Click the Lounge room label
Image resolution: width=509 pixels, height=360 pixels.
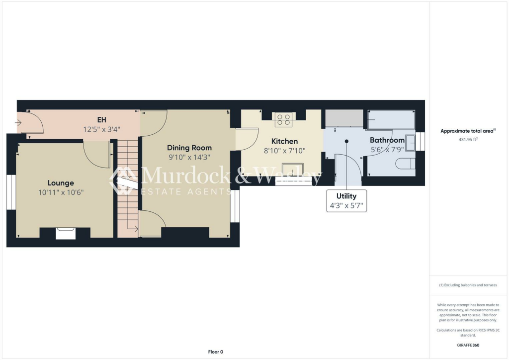pos(61,183)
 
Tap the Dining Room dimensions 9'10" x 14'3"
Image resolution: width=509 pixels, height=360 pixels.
pos(189,157)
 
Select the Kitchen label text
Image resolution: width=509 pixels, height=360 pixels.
pos(284,141)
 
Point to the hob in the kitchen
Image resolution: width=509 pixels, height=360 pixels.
pos(284,119)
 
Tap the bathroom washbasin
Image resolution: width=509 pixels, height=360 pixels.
pos(410,143)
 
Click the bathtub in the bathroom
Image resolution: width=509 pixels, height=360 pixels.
pos(390,119)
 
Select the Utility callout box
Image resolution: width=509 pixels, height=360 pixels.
pos(346,201)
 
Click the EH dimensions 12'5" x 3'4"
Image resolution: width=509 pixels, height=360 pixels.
pos(101,129)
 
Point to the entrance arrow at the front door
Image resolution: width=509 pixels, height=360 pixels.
pos(19,121)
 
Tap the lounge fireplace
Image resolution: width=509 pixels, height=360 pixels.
pos(65,233)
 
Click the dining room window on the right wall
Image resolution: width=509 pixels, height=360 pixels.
pos(236,206)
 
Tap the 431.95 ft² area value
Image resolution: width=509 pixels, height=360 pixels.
pos(467,140)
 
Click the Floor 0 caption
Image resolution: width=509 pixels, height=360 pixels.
pos(216,352)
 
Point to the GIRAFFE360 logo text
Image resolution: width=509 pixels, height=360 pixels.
pos(468,345)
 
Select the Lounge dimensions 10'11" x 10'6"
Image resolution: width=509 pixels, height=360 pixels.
pos(61,192)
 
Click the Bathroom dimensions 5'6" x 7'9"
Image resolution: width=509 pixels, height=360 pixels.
pos(388,149)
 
